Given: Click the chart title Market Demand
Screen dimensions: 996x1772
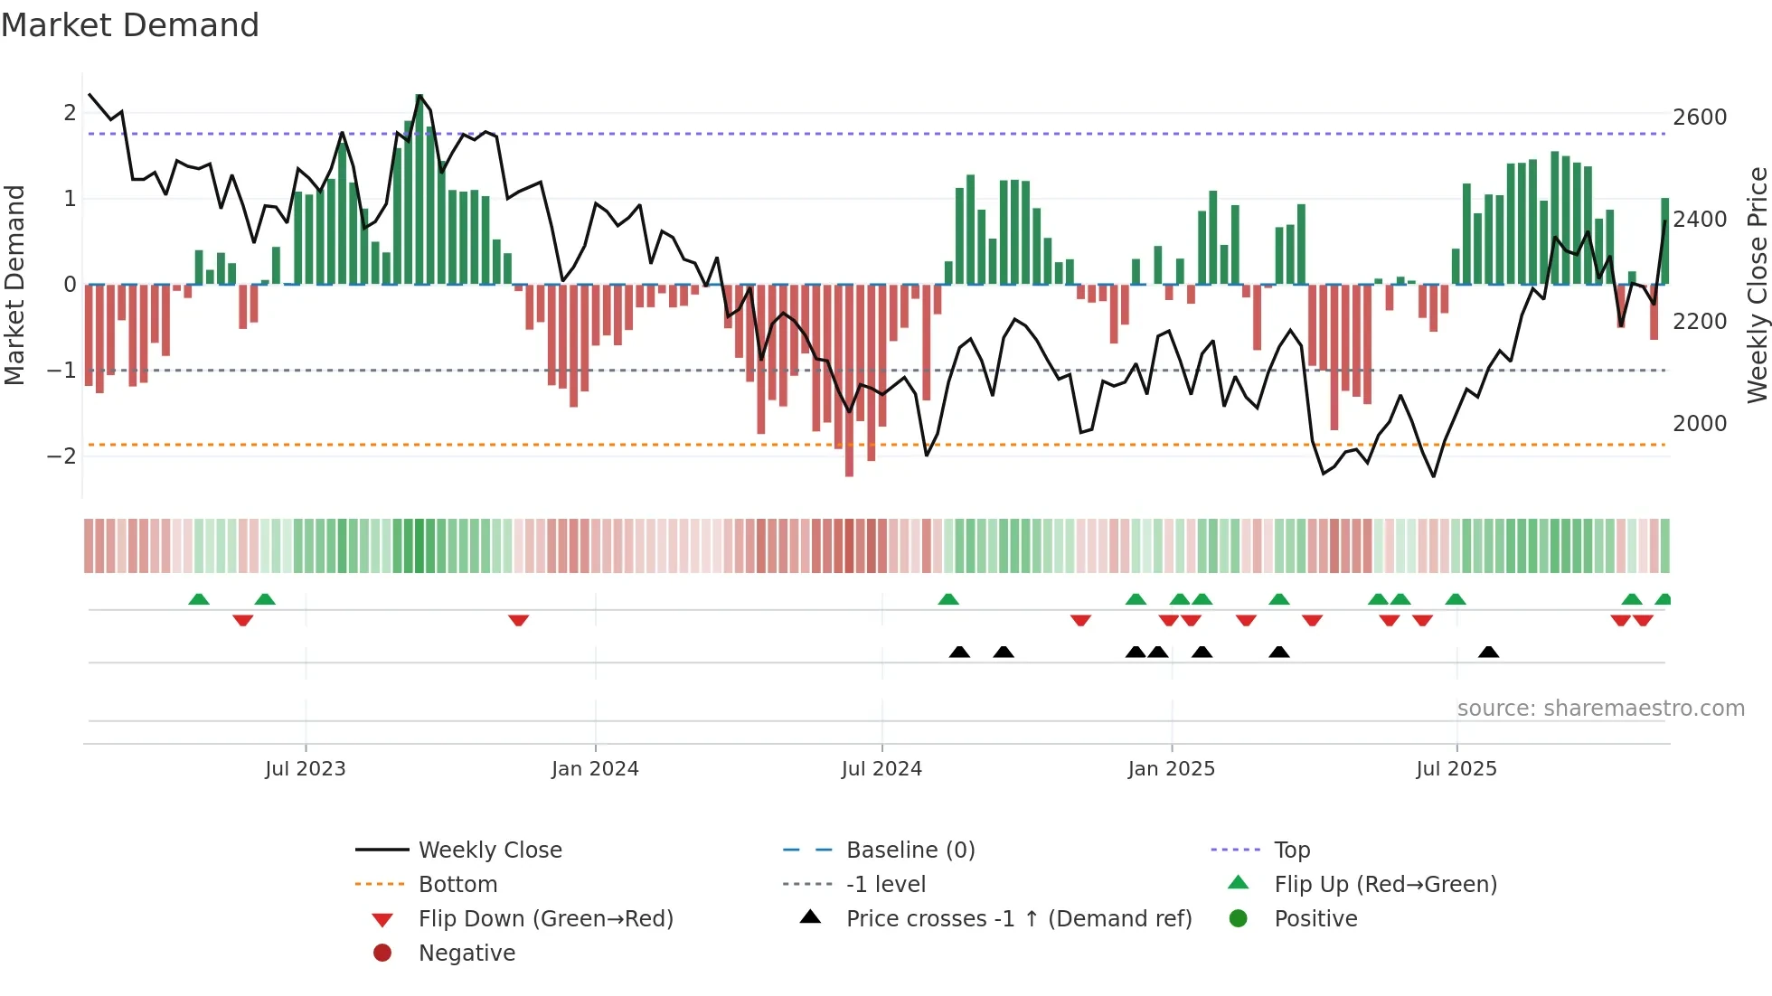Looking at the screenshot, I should point(130,25).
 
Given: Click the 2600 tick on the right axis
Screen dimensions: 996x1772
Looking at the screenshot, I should point(1699,117).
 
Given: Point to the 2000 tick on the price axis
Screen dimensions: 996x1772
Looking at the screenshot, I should point(1699,424).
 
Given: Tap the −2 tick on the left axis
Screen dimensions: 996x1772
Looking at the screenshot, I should point(61,456).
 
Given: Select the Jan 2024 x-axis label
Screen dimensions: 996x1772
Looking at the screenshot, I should point(595,769).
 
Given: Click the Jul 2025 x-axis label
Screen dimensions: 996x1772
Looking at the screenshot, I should point(1456,769).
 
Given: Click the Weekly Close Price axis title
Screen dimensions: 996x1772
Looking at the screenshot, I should point(1757,285).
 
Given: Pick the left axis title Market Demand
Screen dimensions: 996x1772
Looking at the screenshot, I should point(15,285).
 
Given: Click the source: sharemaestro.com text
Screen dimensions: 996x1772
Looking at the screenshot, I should point(1600,709).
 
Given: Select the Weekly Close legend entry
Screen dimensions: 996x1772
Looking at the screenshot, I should point(489,850).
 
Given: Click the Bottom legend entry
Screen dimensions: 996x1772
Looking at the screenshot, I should point(457,885).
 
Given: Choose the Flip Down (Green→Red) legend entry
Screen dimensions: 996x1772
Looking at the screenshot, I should point(545,919).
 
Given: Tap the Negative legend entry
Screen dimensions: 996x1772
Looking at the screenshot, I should point(467,954).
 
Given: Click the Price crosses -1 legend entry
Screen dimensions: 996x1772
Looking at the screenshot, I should point(1018,919).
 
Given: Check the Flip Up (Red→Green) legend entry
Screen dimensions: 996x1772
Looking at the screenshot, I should point(1385,885).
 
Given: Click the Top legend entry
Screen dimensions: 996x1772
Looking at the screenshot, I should point(1292,850).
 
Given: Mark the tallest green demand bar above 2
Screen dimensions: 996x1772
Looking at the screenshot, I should point(419,190).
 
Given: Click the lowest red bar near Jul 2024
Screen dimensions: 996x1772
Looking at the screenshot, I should point(849,380).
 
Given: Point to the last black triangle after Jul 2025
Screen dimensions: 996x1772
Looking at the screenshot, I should point(1488,652).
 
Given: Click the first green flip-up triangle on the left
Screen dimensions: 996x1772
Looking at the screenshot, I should point(199,599).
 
